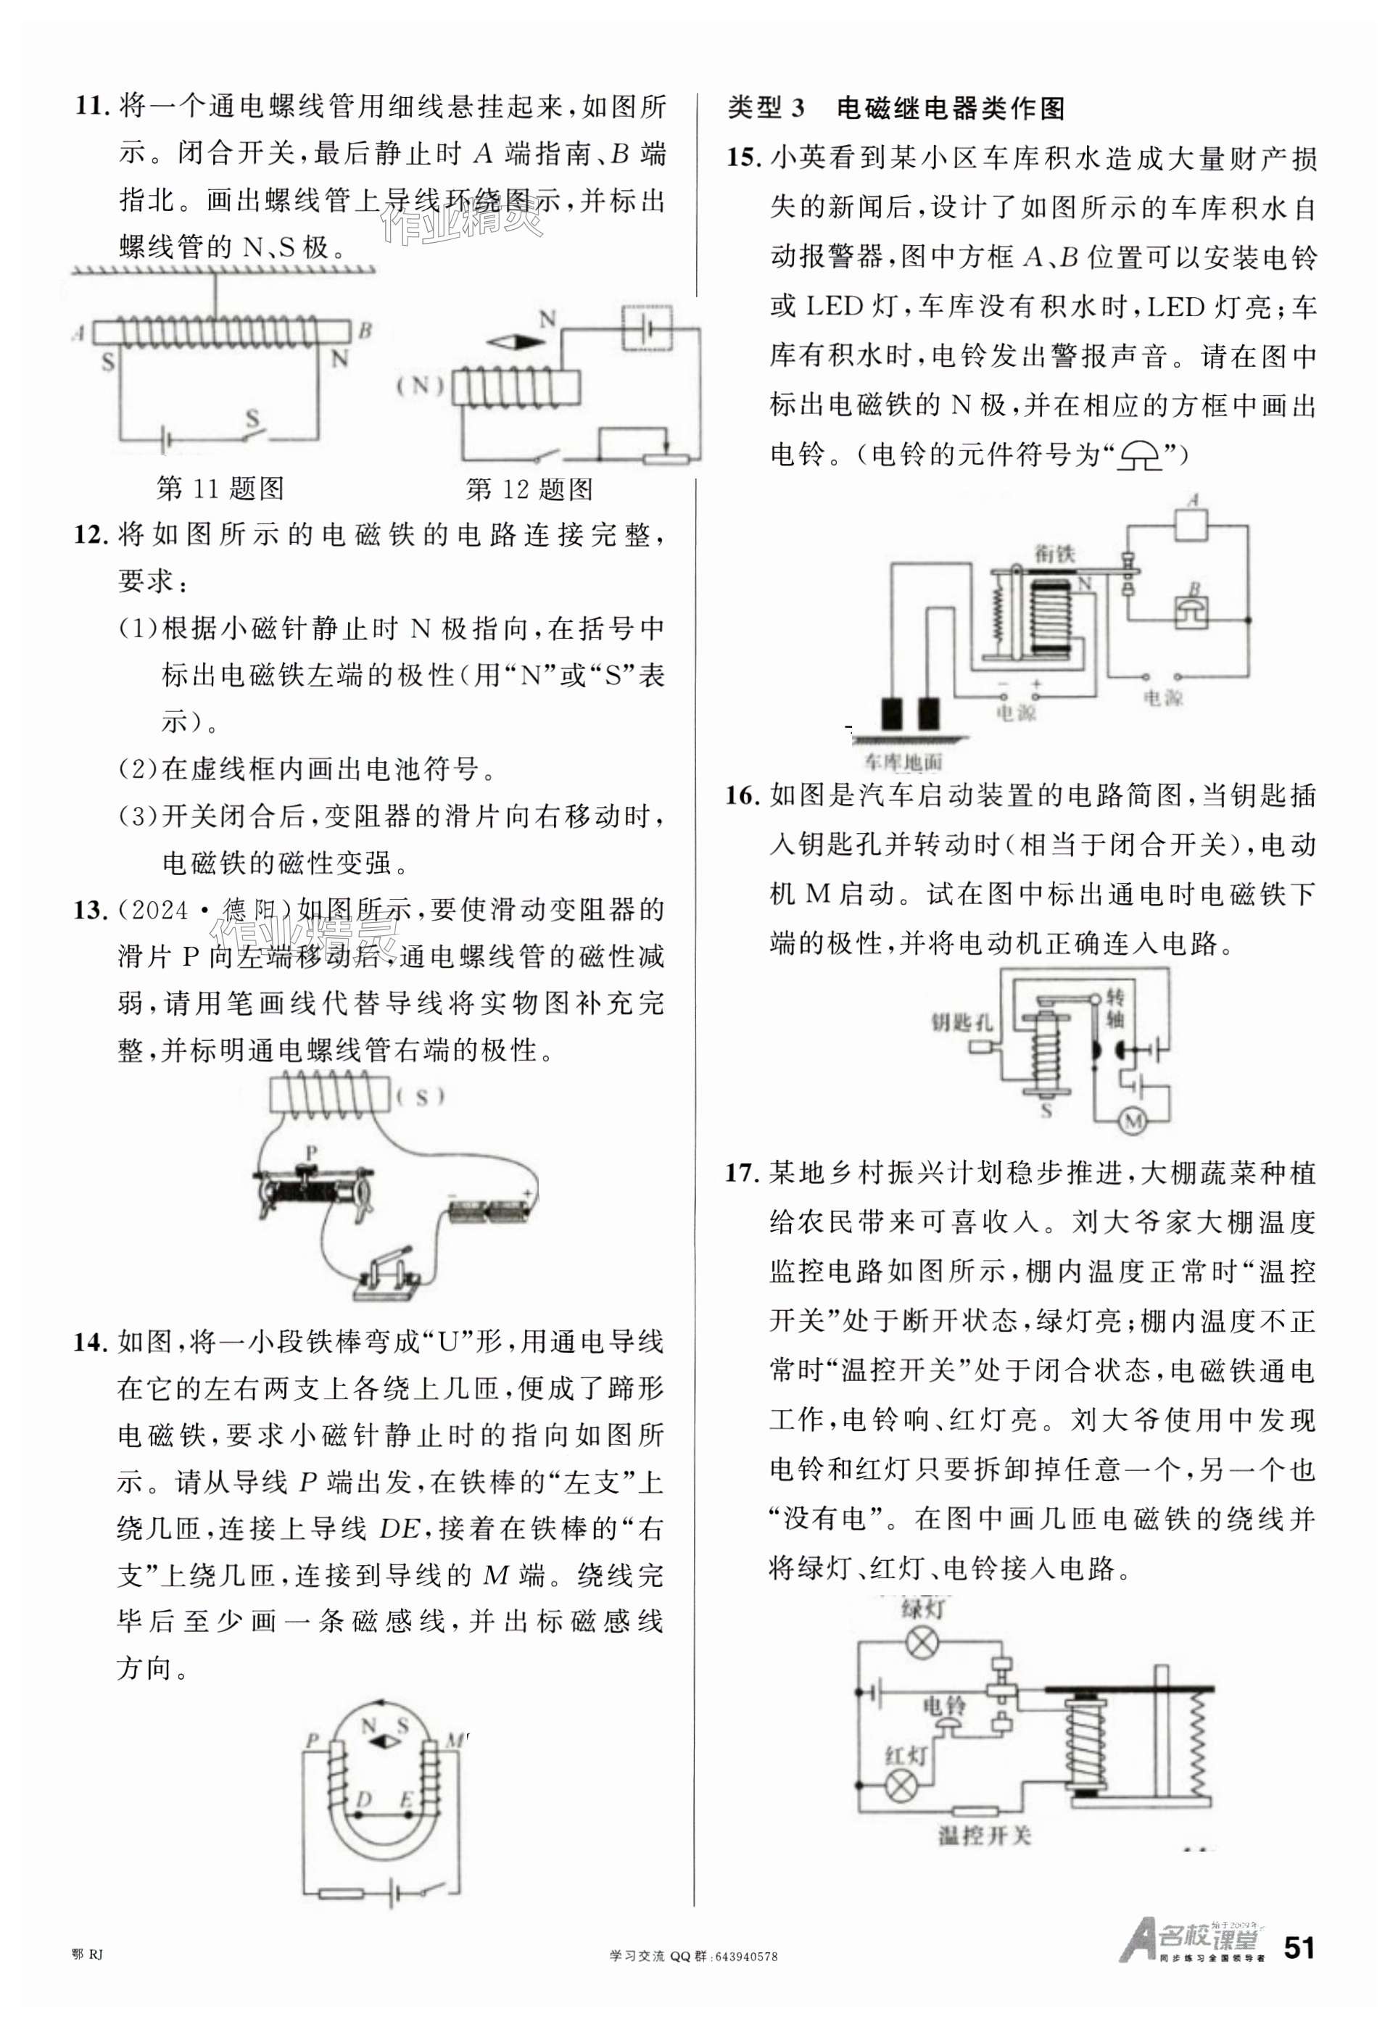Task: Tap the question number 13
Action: [x=90, y=911]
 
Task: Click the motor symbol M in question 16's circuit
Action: [x=1134, y=1121]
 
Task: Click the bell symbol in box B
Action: [x=1191, y=611]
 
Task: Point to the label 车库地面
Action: [x=902, y=762]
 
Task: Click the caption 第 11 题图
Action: [x=220, y=489]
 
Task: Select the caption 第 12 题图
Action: [x=529, y=489]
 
